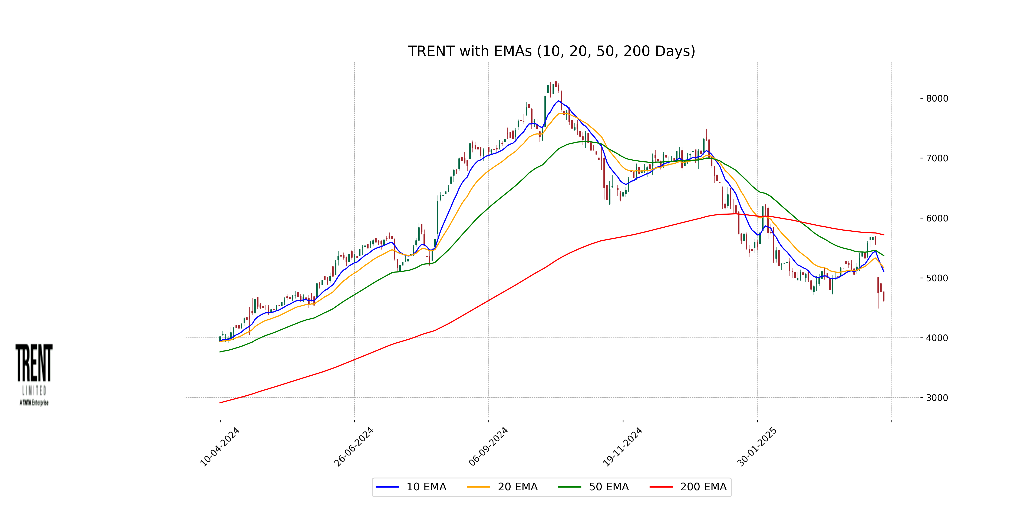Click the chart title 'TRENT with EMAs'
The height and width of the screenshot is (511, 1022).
(x=551, y=51)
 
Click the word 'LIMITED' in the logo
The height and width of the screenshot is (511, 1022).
(x=34, y=391)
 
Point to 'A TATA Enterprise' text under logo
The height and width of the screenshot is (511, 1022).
(x=34, y=403)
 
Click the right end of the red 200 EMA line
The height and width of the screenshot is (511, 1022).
(x=883, y=235)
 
